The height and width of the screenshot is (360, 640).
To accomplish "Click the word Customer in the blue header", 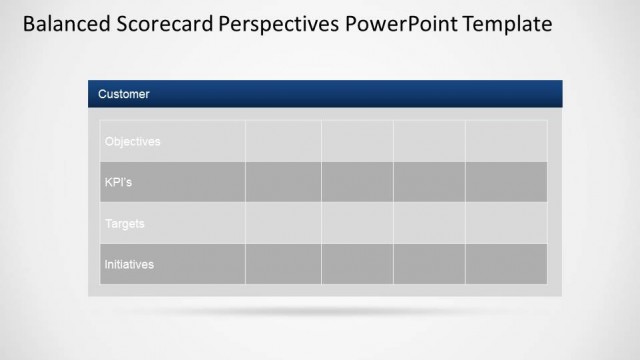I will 124,94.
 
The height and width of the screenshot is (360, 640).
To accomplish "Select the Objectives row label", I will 132,141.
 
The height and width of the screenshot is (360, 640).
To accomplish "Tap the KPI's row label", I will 119,182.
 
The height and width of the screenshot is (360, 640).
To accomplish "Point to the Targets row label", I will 125,223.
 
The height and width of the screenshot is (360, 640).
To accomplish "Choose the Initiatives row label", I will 129,264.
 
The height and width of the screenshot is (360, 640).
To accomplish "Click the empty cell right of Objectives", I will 283,141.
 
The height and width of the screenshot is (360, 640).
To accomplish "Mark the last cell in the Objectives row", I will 506,141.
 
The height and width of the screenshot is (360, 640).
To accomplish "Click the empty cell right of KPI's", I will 283,182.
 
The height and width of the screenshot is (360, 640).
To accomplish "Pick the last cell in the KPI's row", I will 506,182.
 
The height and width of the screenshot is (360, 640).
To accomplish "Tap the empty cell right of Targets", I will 283,223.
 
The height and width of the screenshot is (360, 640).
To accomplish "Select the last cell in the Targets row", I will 506,223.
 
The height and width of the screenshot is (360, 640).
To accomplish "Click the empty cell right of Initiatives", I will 283,264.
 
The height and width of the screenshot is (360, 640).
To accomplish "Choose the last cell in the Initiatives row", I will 506,264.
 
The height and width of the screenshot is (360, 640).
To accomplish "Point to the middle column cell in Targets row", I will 357,223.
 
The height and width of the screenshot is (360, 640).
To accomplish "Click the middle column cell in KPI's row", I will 357,182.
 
